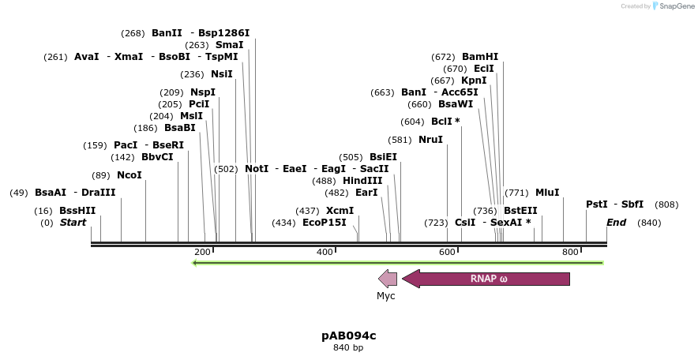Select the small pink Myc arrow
pyautogui.click(x=387, y=278)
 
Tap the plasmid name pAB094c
pyautogui.click(x=348, y=336)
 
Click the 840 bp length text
pyautogui.click(x=348, y=347)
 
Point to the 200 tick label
pyautogui.click(x=202, y=252)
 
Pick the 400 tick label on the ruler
pyautogui.click(x=325, y=252)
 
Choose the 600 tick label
pyautogui.click(x=447, y=252)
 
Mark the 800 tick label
pyautogui.click(x=570, y=252)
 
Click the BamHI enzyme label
pyautogui.click(x=480, y=57)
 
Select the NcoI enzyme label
pyautogui.click(x=129, y=174)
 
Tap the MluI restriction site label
pyautogui.click(x=547, y=192)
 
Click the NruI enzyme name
pyautogui.click(x=431, y=140)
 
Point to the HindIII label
pyautogui.click(x=362, y=180)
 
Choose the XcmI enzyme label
pyautogui.click(x=340, y=211)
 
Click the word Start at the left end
pyautogui.click(x=73, y=223)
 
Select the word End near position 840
pyautogui.click(x=616, y=223)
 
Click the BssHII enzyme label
pyautogui.click(x=77, y=211)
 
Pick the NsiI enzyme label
pyautogui.click(x=222, y=74)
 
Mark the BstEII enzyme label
pyautogui.click(x=520, y=211)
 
